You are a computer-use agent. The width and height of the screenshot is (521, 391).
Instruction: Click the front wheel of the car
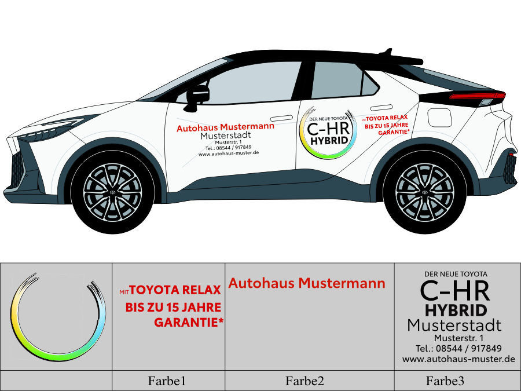[113, 191]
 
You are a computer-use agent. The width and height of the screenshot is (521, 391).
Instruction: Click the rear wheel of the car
[425, 191]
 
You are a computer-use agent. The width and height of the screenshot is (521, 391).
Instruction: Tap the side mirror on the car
[197, 94]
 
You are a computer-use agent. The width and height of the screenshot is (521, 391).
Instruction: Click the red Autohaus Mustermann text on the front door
[225, 127]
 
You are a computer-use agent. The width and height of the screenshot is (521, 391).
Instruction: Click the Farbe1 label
[167, 381]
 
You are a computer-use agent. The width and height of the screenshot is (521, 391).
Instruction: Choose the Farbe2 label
[304, 381]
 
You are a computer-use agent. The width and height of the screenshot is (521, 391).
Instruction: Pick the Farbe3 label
[445, 381]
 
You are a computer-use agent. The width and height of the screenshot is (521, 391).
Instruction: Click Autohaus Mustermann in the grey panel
[307, 284]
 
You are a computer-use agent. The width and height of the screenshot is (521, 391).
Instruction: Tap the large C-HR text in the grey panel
[455, 290]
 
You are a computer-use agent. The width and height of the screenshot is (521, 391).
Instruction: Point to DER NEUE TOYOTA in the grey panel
[456, 273]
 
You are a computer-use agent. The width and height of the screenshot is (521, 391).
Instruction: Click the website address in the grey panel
[458, 359]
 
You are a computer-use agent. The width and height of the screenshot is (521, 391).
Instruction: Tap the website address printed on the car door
[228, 154]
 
